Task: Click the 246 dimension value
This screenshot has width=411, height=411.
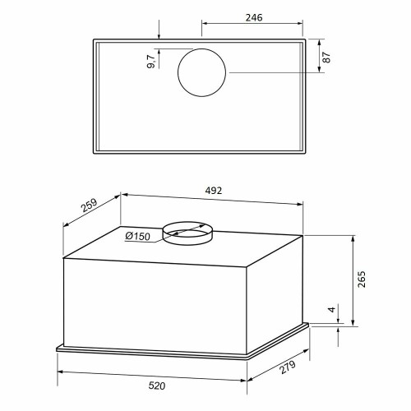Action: click(254, 17)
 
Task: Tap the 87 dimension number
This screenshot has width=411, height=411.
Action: click(326, 58)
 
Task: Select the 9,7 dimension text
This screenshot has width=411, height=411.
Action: click(151, 62)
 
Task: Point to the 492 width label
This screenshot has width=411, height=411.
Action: click(214, 191)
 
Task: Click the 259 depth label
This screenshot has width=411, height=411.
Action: click(90, 205)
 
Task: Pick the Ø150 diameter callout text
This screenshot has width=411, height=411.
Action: click(138, 236)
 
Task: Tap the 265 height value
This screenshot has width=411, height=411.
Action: click(362, 279)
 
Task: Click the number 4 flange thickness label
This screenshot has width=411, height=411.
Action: click(332, 310)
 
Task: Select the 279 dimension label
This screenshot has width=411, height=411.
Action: click(288, 367)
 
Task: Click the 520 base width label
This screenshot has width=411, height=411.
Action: click(157, 386)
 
